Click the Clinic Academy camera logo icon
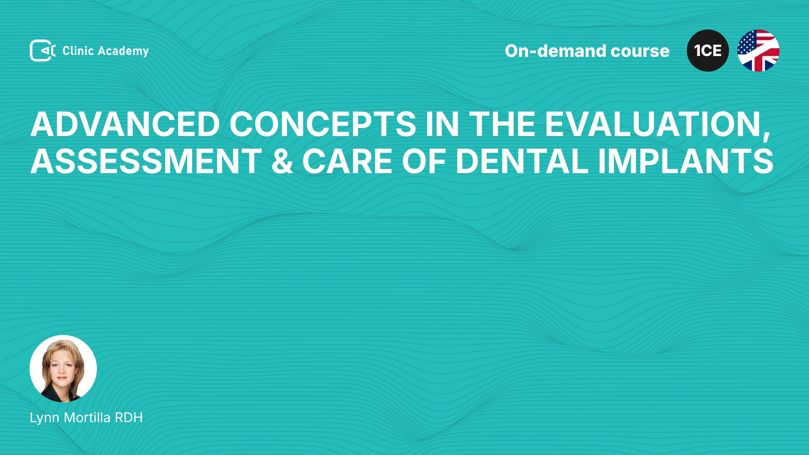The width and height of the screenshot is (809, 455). click(43, 51)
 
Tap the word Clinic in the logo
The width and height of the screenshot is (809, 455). click(78, 51)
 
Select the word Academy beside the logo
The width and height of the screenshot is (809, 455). click(123, 51)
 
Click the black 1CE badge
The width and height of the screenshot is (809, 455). click(708, 51)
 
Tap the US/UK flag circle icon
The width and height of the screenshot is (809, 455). click(758, 51)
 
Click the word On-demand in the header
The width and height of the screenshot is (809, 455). click(555, 51)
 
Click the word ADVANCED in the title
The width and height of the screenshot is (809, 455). click(125, 124)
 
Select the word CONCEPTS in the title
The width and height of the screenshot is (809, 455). click(323, 124)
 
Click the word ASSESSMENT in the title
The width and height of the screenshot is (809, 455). click(146, 161)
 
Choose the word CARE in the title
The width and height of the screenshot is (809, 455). click(348, 161)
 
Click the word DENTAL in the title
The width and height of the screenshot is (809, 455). click(522, 161)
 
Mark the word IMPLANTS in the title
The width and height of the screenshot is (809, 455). click(686, 161)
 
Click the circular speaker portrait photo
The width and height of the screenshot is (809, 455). click(63, 369)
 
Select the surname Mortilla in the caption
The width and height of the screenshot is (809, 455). click(87, 418)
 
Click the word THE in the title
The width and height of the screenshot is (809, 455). click(502, 124)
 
